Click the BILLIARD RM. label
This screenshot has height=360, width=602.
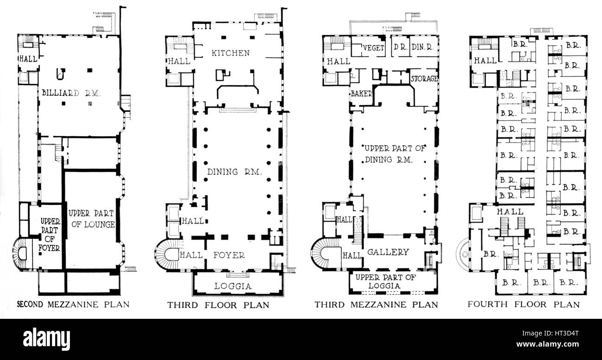click(71, 93)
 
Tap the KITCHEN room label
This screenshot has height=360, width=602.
click(231, 53)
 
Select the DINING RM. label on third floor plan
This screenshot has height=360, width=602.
click(234, 172)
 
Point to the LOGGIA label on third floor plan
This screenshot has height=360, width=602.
click(233, 286)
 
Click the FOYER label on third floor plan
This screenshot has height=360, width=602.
click(229, 255)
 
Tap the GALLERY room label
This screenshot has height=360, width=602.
click(388, 252)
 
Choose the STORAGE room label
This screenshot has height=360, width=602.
click(424, 79)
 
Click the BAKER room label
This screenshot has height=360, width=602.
click(362, 93)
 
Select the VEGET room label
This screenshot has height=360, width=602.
click(373, 48)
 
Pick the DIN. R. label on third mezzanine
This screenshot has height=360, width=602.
click(422, 47)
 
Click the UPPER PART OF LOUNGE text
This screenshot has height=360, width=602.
click(91, 219)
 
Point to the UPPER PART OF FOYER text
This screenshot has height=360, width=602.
click(50, 234)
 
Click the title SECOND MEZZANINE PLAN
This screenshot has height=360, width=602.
click(73, 304)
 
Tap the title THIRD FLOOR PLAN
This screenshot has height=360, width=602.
click(218, 305)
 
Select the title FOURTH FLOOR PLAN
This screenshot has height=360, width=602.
click(524, 304)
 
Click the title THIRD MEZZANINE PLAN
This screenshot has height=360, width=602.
click(376, 304)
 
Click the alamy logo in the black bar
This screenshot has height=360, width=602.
click(46, 339)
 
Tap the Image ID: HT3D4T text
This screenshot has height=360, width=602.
click(551, 334)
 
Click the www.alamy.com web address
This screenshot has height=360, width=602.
click(548, 344)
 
